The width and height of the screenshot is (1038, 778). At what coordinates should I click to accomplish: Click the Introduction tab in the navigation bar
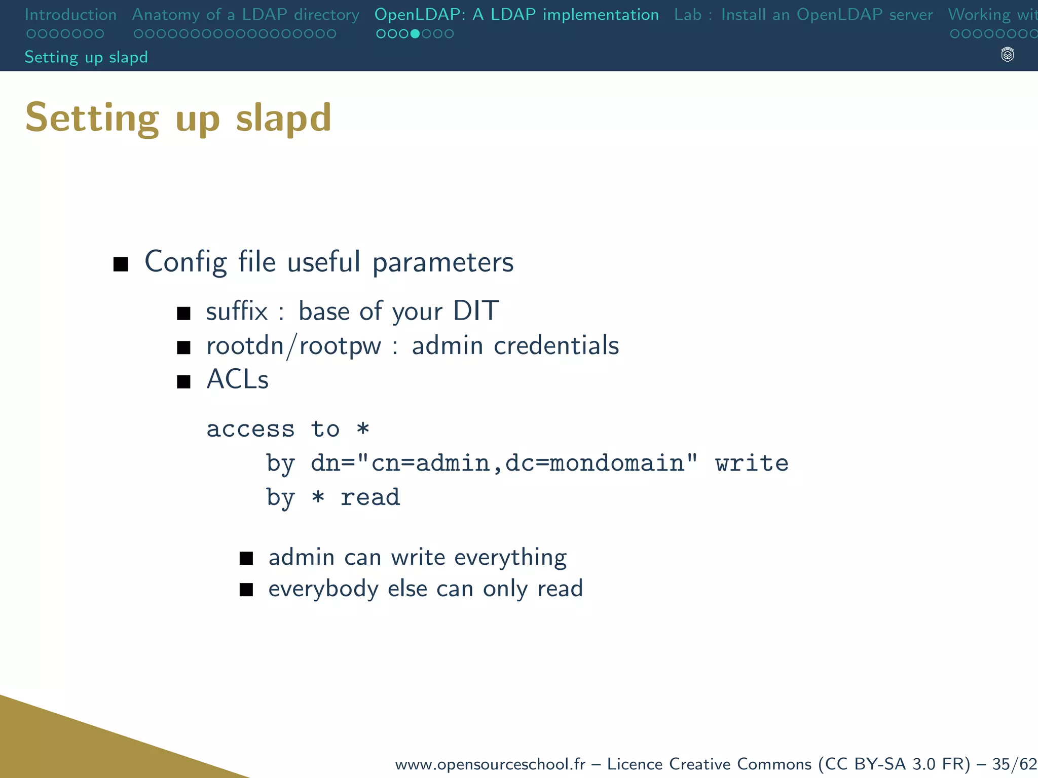pyautogui.click(x=70, y=15)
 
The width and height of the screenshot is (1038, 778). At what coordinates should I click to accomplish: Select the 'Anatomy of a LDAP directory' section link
pyautogui.click(x=245, y=15)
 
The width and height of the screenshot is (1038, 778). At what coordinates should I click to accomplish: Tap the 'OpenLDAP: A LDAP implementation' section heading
pyautogui.click(x=516, y=15)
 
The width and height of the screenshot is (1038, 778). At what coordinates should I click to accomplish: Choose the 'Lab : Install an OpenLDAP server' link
pyautogui.click(x=803, y=15)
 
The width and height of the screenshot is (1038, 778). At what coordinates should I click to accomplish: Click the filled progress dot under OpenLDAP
pyautogui.click(x=415, y=34)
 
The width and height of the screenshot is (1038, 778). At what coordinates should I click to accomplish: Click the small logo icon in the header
pyautogui.click(x=1008, y=55)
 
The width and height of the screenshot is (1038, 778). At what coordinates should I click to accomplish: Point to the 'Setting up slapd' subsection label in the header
pyautogui.click(x=86, y=57)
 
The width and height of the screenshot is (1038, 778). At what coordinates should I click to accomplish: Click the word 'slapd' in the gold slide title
pyautogui.click(x=283, y=118)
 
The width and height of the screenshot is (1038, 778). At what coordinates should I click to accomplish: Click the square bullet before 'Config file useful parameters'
pyautogui.click(x=121, y=264)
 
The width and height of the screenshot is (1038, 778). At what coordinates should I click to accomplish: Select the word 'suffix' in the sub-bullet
pyautogui.click(x=237, y=311)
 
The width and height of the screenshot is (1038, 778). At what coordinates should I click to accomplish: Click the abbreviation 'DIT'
pyautogui.click(x=476, y=310)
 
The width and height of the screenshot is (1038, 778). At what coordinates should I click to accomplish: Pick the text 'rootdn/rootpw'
pyautogui.click(x=293, y=346)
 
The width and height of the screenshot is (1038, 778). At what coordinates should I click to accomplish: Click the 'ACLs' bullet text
pyautogui.click(x=238, y=379)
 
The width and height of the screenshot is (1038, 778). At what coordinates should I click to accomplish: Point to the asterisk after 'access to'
pyautogui.click(x=363, y=429)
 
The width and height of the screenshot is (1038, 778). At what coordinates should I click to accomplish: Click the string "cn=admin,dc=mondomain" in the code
pyautogui.click(x=527, y=463)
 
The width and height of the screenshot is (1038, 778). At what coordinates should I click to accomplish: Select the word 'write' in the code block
pyautogui.click(x=752, y=463)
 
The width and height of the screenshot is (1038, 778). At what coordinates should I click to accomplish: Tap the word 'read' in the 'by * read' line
pyautogui.click(x=370, y=497)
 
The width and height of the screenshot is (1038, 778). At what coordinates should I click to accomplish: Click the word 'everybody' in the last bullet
pyautogui.click(x=323, y=589)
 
